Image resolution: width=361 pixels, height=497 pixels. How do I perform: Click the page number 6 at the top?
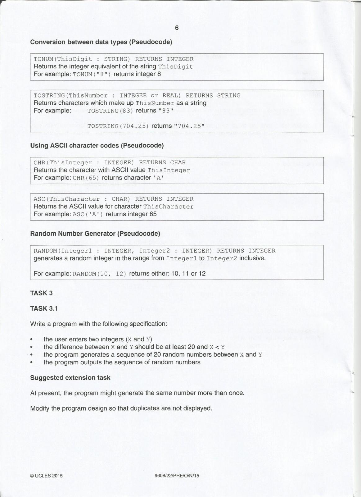click(x=177, y=28)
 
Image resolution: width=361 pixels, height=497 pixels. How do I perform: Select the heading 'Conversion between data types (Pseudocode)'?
click(x=101, y=42)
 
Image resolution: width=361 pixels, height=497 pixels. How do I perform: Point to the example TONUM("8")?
click(x=92, y=74)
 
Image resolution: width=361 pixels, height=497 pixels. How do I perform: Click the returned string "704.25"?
click(x=189, y=126)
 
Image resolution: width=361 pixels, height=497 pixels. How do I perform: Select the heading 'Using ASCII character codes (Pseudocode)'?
click(x=97, y=145)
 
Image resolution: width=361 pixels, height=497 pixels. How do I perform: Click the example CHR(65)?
click(x=86, y=178)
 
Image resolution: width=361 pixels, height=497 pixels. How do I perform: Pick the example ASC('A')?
click(x=88, y=214)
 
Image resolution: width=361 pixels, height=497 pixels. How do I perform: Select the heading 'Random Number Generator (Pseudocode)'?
click(x=95, y=233)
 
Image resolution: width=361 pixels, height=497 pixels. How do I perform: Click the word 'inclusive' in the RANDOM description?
click(x=253, y=258)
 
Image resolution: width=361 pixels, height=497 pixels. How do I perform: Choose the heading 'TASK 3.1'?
click(x=44, y=308)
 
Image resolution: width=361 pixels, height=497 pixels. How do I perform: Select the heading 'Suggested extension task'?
click(x=70, y=378)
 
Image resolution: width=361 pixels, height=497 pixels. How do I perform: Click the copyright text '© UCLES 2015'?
click(x=46, y=476)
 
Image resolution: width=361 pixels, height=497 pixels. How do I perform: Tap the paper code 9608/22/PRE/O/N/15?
click(x=177, y=476)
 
